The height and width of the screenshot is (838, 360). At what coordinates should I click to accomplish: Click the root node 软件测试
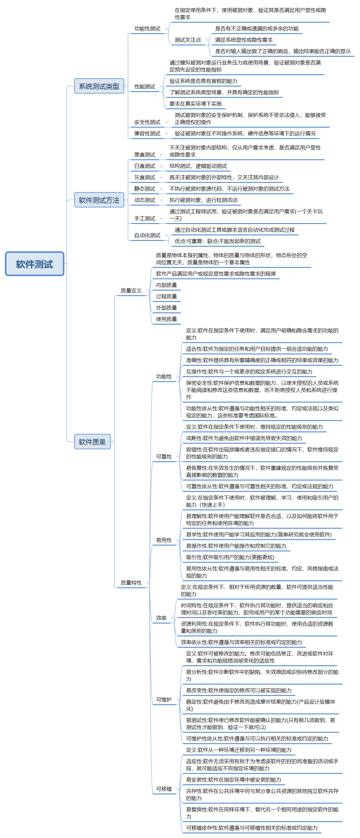pyautogui.click(x=34, y=264)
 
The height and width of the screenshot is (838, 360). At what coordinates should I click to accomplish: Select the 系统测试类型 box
pyautogui.click(x=99, y=86)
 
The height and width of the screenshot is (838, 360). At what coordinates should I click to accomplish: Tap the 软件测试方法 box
pyautogui.click(x=99, y=200)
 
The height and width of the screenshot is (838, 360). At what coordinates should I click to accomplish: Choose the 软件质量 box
pyautogui.click(x=92, y=442)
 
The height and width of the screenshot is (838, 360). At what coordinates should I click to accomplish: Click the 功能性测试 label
pyautogui.click(x=147, y=29)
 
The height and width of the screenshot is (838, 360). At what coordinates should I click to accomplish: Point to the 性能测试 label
pyautogui.click(x=145, y=87)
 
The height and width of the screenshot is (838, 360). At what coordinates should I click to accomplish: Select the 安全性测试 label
pyautogui.click(x=147, y=122)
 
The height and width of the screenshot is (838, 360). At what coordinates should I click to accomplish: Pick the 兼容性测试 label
pyautogui.click(x=147, y=134)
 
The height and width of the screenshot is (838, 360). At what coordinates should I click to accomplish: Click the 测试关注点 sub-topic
pyautogui.click(x=188, y=40)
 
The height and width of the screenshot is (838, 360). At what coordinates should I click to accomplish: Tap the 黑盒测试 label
pyautogui.click(x=145, y=155)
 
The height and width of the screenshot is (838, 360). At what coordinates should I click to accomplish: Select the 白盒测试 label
pyautogui.click(x=145, y=166)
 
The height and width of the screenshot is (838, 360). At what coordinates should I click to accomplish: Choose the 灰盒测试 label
pyautogui.click(x=145, y=178)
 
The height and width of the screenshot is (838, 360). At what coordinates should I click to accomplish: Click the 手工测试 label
pyautogui.click(x=145, y=218)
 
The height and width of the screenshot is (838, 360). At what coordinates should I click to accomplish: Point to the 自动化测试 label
pyautogui.click(x=147, y=236)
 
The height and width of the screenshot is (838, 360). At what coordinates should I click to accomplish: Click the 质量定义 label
pyautogui.click(x=131, y=291)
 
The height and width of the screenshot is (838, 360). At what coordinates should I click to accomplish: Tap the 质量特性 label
pyautogui.click(x=131, y=583)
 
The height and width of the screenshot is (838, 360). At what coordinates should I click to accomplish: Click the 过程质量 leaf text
pyautogui.click(x=167, y=296)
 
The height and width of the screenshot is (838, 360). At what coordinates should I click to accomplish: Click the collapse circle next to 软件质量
pyautogui.click(x=113, y=442)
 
